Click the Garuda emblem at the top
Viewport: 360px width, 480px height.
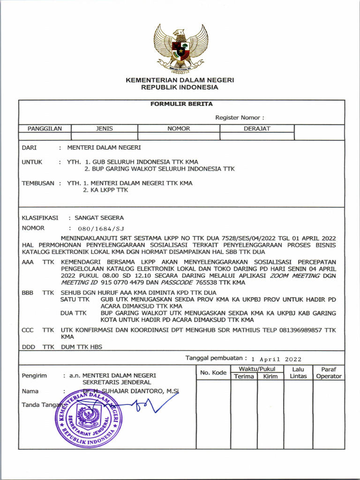pos(180,49)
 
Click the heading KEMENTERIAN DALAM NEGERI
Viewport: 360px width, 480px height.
pos(180,80)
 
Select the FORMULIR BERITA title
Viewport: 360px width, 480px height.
pos(181,104)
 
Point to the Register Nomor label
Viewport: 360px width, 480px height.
pos(240,118)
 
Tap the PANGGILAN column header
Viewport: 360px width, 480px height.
pos(45,128)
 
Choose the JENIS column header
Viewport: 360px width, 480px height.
pos(104,128)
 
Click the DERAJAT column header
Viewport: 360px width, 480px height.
pos(257,128)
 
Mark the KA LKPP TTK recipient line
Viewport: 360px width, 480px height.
pos(105,190)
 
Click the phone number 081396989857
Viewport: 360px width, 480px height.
pos(297,330)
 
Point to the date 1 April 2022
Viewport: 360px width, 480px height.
pos(276,359)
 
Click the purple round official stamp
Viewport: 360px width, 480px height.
pos(89,418)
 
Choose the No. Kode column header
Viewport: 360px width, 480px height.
pos(213,373)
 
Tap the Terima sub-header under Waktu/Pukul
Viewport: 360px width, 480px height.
pos(244,376)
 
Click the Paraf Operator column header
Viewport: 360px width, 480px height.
pos(329,373)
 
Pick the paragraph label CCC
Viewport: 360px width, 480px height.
pos(28,330)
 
